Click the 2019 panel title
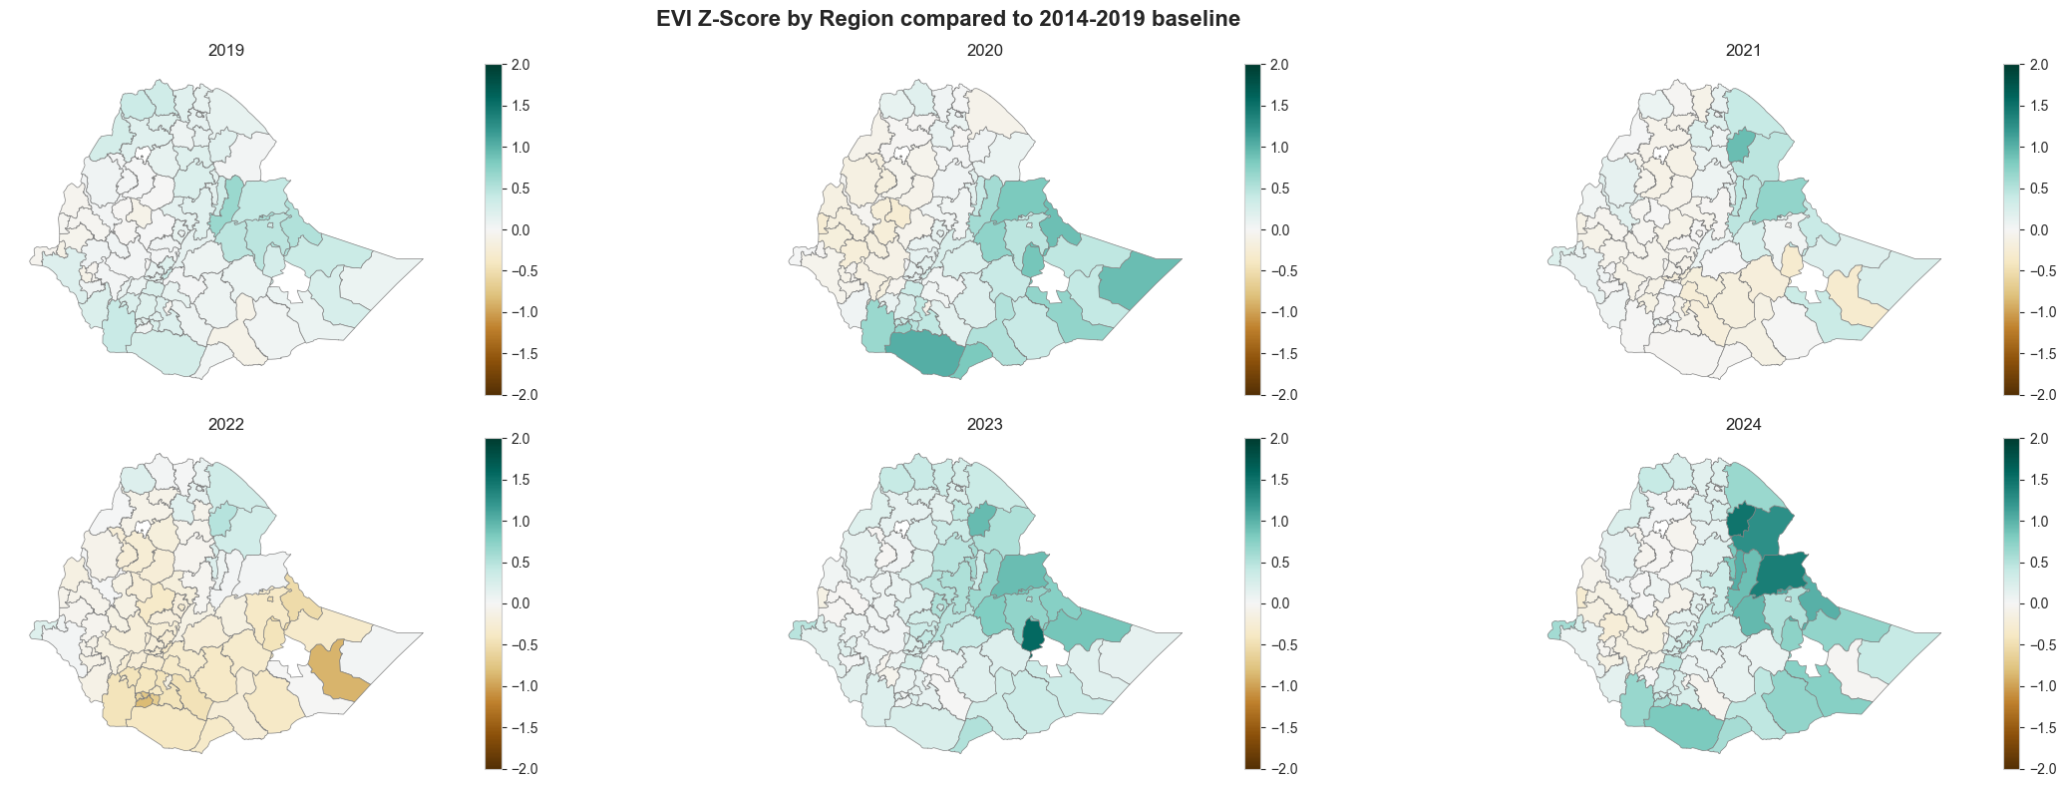tap(225, 50)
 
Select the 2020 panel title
tap(985, 50)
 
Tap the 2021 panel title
tap(1744, 50)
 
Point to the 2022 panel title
tap(225, 424)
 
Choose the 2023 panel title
tap(985, 424)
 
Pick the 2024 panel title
tap(1744, 424)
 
